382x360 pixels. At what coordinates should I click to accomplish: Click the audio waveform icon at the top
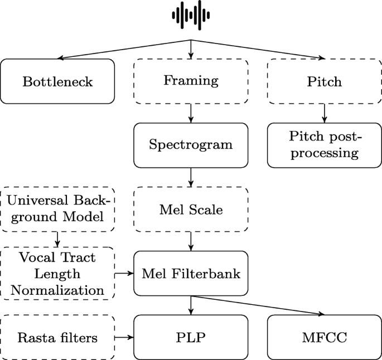pos(191,16)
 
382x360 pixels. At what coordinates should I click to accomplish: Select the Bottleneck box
pos(57,81)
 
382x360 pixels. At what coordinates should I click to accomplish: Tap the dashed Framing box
pos(191,81)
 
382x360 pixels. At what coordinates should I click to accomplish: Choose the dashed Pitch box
pos(324,81)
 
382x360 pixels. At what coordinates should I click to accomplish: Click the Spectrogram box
pos(191,145)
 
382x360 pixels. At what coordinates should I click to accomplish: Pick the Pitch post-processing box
pos(324,145)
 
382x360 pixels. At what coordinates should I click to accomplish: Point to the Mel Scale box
pos(191,210)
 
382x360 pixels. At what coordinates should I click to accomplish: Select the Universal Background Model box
pos(57,210)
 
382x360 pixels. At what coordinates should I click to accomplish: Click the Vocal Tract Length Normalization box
pos(57,274)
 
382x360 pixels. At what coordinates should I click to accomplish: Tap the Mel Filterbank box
pos(191,274)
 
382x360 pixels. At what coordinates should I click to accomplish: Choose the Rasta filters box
pos(57,337)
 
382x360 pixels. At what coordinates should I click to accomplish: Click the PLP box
pos(191,337)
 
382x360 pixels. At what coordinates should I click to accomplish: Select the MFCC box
pos(324,337)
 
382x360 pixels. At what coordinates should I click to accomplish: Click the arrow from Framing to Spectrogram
pos(191,113)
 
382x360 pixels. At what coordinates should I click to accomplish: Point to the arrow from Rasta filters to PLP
pos(124,337)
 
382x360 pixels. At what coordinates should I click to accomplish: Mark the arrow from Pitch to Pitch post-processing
pos(324,113)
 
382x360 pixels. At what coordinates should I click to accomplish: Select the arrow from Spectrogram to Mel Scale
pos(191,177)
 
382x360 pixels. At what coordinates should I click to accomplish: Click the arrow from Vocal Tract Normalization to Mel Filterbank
pos(124,274)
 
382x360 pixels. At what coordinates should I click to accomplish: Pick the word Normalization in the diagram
pos(57,290)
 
